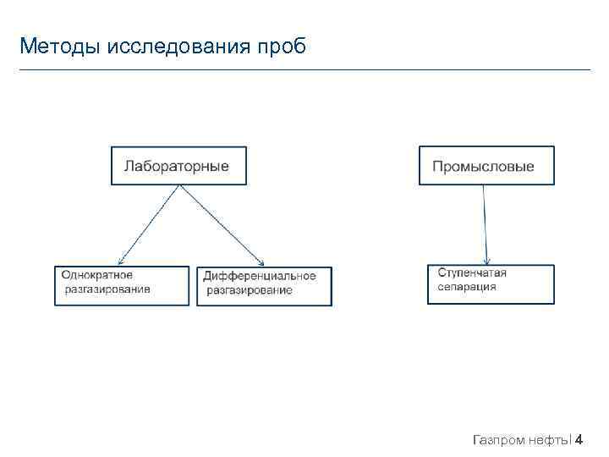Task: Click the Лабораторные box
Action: [178, 166]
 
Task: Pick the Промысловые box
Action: [486, 166]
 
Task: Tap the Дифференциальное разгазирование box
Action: [265, 286]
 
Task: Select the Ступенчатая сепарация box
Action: [491, 284]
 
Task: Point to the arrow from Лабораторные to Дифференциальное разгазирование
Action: [222, 224]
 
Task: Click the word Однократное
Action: [97, 275]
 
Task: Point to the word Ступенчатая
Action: [472, 273]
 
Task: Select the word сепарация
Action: [467, 287]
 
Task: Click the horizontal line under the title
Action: [304, 69]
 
